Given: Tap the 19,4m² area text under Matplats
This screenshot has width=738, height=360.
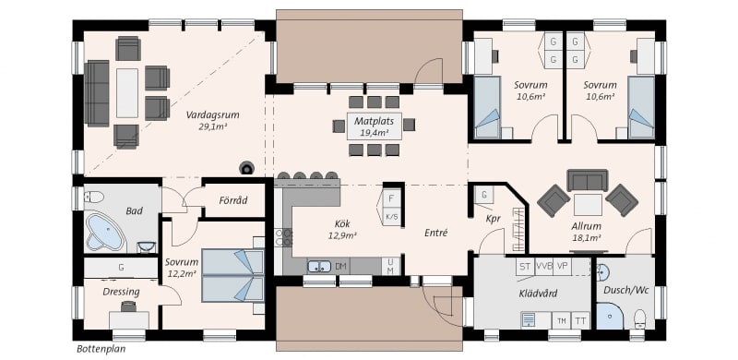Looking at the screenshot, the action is [375, 133].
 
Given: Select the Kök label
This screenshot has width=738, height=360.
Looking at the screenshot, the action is [342, 223].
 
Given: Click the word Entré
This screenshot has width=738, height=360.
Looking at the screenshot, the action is [435, 233].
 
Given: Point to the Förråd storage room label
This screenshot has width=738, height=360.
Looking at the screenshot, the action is [233, 200].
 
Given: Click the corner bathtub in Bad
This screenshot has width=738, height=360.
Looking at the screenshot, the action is [104, 232].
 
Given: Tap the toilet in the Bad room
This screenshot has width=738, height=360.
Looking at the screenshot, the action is [93, 196].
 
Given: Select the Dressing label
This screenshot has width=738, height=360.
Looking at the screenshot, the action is [122, 292].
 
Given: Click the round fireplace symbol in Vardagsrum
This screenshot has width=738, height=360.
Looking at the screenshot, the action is [246, 167].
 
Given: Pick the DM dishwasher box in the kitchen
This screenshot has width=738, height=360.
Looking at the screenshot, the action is [341, 267].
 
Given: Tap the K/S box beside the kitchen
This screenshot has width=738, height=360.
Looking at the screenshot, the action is [391, 216].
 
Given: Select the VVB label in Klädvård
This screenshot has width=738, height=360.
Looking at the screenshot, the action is [543, 266].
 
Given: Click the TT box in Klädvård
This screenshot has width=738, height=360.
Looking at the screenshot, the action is [581, 321].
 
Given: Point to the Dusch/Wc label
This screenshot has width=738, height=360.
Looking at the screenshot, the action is [626, 290].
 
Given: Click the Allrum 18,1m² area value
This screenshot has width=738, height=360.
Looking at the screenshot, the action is [587, 238].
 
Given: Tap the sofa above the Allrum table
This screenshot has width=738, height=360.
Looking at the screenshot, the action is [587, 181].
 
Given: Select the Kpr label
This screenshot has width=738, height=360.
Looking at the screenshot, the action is [493, 219].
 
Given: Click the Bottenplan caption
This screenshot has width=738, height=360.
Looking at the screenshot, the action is [101, 349].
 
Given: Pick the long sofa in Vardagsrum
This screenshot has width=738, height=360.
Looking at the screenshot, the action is [97, 93].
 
